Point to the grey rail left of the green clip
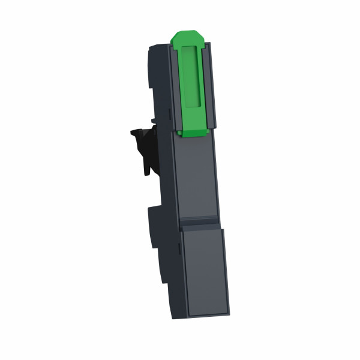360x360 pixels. coord(173,90)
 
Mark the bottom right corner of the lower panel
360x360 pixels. coord(228,316)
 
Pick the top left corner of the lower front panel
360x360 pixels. coord(182,233)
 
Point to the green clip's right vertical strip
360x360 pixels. coord(206,84)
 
